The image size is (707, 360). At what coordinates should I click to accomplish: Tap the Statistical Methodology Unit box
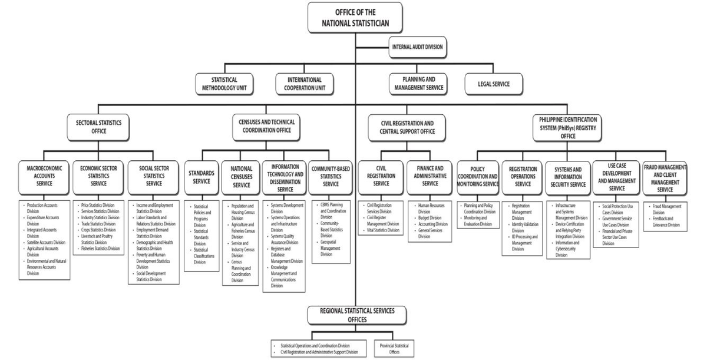pos(224,84)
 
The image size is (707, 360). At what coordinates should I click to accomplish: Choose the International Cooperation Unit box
pos(305,84)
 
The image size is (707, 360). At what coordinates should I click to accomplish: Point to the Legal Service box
pos(494,84)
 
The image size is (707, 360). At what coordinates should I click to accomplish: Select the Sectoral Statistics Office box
pos(99,127)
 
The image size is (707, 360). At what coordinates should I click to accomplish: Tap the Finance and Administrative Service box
pos(430,176)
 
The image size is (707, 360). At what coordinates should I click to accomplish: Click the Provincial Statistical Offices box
pos(394,348)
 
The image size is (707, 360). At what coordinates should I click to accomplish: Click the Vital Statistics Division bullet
pos(384,230)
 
